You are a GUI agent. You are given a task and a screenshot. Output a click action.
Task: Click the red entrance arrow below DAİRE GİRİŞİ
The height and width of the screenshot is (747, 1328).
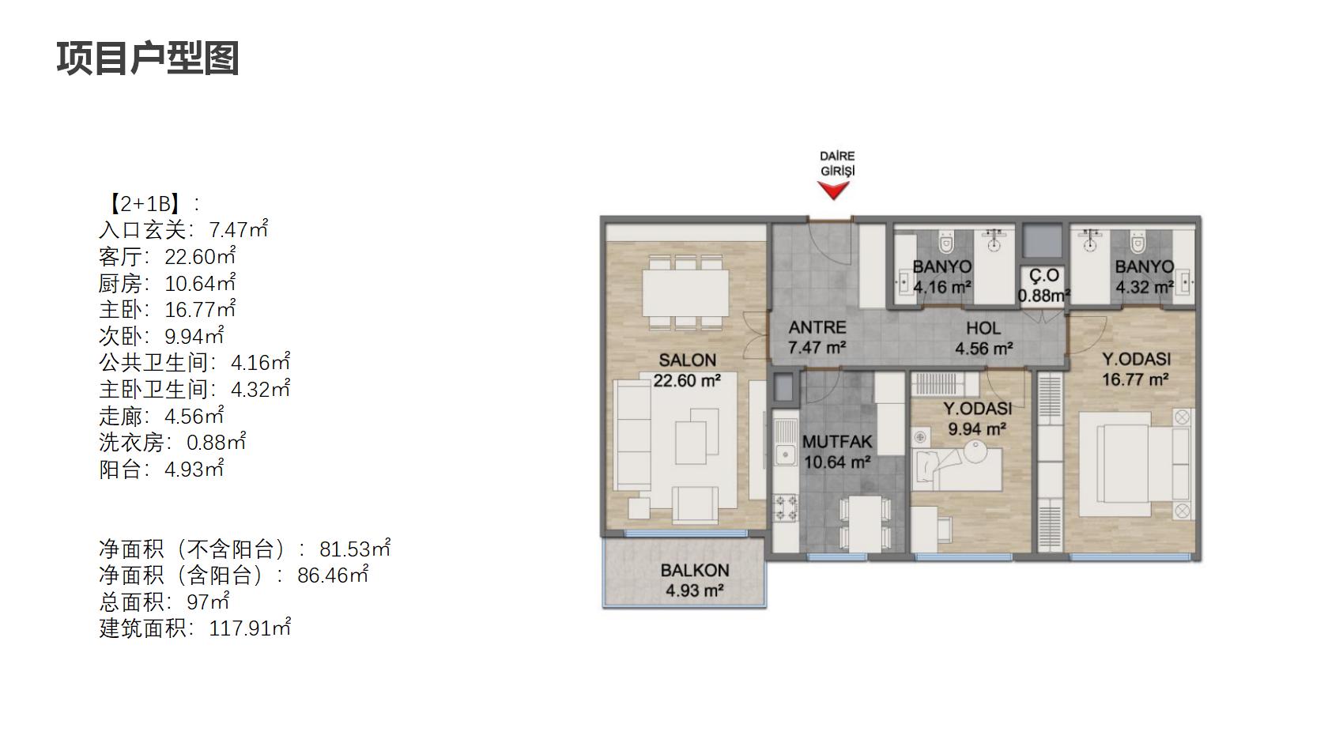833,191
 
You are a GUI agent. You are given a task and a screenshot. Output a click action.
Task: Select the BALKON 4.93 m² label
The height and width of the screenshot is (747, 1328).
694,580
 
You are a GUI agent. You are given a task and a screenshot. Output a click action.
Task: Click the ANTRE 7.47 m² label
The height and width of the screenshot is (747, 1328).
817,338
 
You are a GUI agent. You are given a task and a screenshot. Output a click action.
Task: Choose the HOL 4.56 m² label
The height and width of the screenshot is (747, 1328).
983,338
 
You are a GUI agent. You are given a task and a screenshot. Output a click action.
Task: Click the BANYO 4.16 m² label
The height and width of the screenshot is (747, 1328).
942,277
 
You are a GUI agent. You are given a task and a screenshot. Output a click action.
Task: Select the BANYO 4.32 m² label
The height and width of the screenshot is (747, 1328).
1145,277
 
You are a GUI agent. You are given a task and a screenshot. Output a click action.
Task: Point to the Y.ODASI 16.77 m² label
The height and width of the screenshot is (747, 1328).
1136,368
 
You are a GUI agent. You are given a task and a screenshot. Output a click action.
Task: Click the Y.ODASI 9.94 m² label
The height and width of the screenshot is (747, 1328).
977,419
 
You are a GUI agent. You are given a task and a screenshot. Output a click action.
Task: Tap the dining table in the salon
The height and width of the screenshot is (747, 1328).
685,292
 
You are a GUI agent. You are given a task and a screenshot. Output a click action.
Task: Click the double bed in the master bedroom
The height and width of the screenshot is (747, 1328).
1134,464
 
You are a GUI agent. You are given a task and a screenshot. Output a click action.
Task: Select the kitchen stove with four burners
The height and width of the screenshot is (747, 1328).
786,508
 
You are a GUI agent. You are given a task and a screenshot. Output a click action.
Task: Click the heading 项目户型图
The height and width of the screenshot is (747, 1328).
148,58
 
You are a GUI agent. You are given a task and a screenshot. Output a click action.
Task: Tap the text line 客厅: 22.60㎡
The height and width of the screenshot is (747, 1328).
168,257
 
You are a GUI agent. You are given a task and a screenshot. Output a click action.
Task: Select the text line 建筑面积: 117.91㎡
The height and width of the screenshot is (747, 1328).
195,628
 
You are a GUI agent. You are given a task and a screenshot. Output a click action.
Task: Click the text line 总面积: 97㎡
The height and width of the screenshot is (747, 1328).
164,602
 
